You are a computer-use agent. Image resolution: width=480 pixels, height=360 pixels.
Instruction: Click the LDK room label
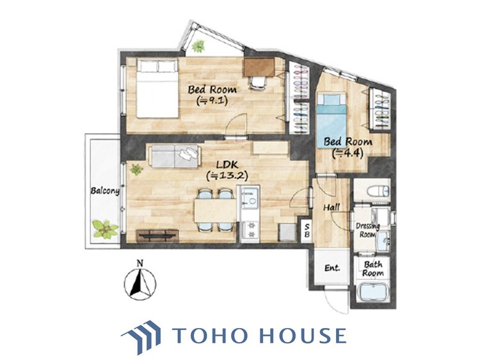pyautogui.click(x=227, y=165)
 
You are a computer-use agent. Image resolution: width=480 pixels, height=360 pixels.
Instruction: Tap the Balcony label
pyautogui.click(x=105, y=191)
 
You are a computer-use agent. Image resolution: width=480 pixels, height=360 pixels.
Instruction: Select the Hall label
pyautogui.click(x=332, y=207)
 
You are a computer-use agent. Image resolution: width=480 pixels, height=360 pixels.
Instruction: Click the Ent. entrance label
pyautogui.click(x=332, y=268)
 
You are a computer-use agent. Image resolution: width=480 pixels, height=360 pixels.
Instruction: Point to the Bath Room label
pyautogui.click(x=373, y=269)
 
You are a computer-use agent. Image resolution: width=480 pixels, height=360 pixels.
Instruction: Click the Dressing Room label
pyautogui.click(x=367, y=230)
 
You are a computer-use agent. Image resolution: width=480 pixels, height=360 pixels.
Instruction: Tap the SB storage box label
pyautogui.click(x=307, y=231)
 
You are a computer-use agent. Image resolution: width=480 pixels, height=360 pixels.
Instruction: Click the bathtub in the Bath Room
pyautogui.click(x=374, y=292)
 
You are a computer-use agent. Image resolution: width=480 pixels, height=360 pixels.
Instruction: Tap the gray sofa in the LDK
pyautogui.click(x=175, y=156)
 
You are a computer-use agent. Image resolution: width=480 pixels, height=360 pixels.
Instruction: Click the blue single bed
pyautogui.click(x=332, y=121)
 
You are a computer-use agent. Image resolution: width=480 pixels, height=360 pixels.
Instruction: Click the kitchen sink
pyautogui.click(x=250, y=198)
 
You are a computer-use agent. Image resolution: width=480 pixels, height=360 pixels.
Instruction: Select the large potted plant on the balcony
pyautogui.click(x=106, y=229)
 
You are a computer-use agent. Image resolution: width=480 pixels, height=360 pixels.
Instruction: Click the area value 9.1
pyautogui.click(x=212, y=100)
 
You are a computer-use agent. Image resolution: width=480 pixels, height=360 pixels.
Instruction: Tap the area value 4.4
pyautogui.click(x=348, y=153)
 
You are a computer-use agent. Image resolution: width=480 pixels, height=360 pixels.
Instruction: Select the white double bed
pyautogui.click(x=157, y=89)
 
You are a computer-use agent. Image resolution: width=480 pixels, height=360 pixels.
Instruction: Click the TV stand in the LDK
pyautogui.click(x=157, y=236)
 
